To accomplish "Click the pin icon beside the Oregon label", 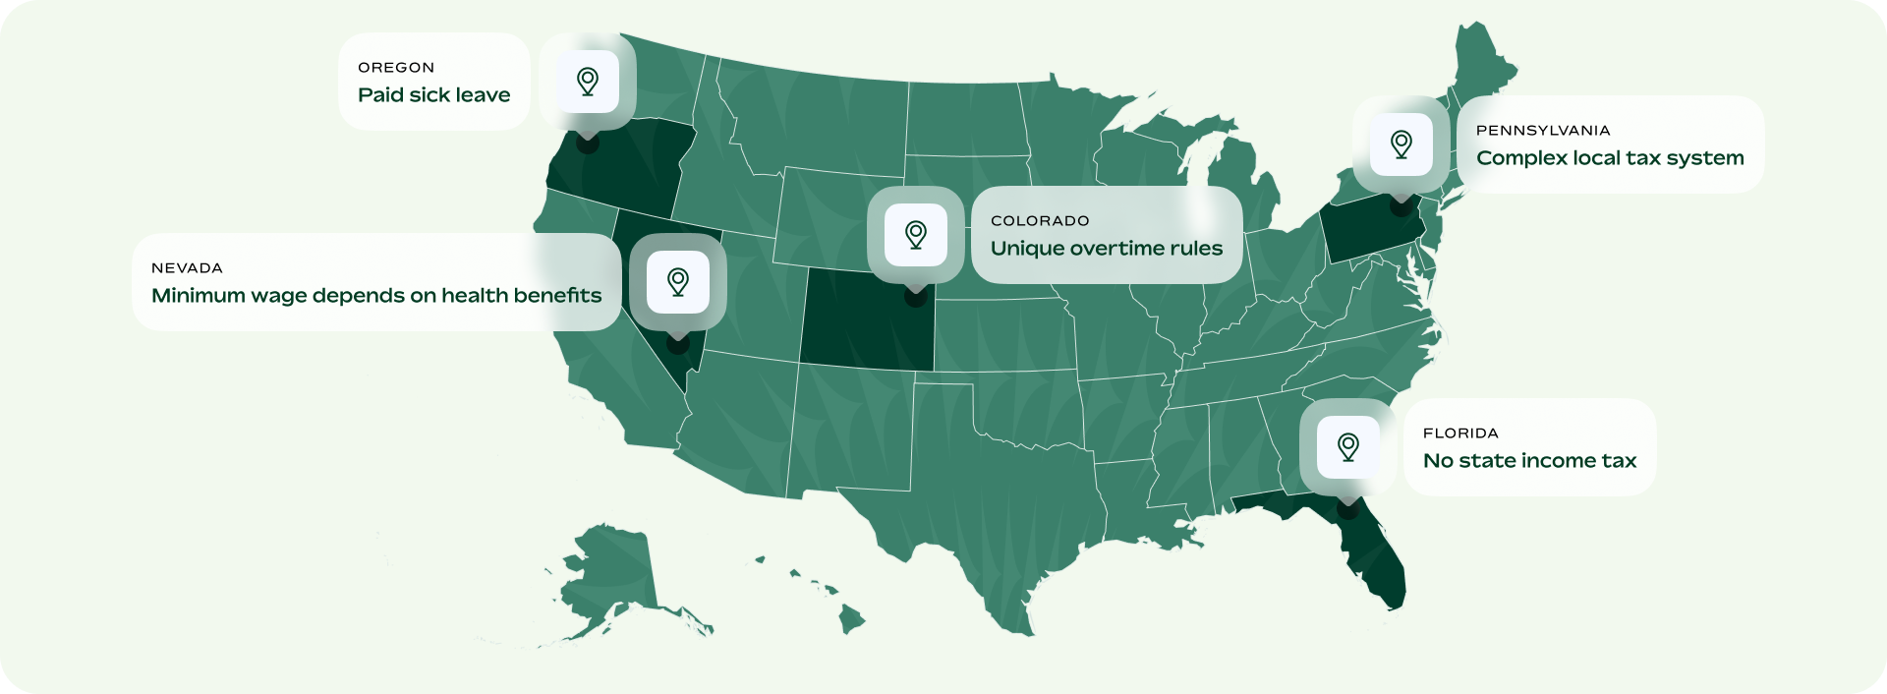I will pyautogui.click(x=588, y=81).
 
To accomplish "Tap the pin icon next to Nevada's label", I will pyautogui.click(x=677, y=282).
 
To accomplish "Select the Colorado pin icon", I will pyautogui.click(x=916, y=235).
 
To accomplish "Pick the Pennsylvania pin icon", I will pyautogui.click(x=1401, y=145).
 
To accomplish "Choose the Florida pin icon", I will pyautogui.click(x=1348, y=447).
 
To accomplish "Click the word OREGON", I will pyautogui.click(x=396, y=68).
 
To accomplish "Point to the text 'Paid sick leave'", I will pyautogui.click(x=434, y=95).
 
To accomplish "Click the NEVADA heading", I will pyautogui.click(x=187, y=268).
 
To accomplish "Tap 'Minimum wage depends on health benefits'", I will pyautogui.click(x=376, y=296).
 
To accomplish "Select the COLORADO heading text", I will pyautogui.click(x=1040, y=221).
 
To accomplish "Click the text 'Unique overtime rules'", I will pyautogui.click(x=1107, y=249).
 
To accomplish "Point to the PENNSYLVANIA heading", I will pyautogui.click(x=1543, y=131).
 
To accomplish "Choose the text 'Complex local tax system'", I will pyautogui.click(x=1610, y=158).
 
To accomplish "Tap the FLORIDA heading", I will pyautogui.click(x=1460, y=434).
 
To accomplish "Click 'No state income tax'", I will pyautogui.click(x=1529, y=461).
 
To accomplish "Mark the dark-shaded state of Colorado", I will pyautogui.click(x=865, y=329).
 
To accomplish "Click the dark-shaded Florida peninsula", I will pyautogui.click(x=1376, y=560).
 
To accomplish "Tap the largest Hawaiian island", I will pyautogui.click(x=851, y=620).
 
